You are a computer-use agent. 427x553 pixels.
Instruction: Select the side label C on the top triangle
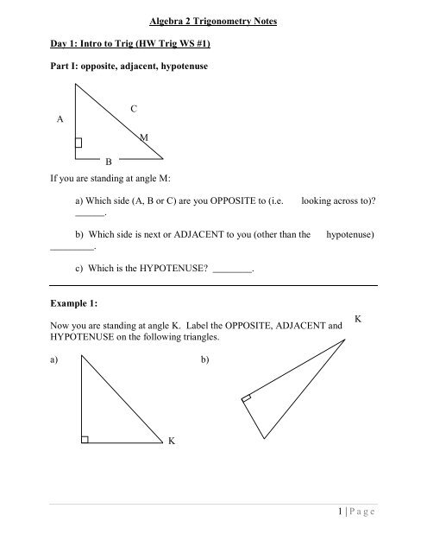tap(134, 108)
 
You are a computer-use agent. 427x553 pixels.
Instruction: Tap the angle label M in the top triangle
tap(142, 137)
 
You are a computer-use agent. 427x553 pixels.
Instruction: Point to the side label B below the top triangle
tap(108, 162)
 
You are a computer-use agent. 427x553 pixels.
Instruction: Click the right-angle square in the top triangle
tap(78, 143)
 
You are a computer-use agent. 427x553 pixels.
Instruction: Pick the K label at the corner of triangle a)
tap(173, 441)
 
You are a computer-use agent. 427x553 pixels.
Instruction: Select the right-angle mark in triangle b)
tap(247, 399)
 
